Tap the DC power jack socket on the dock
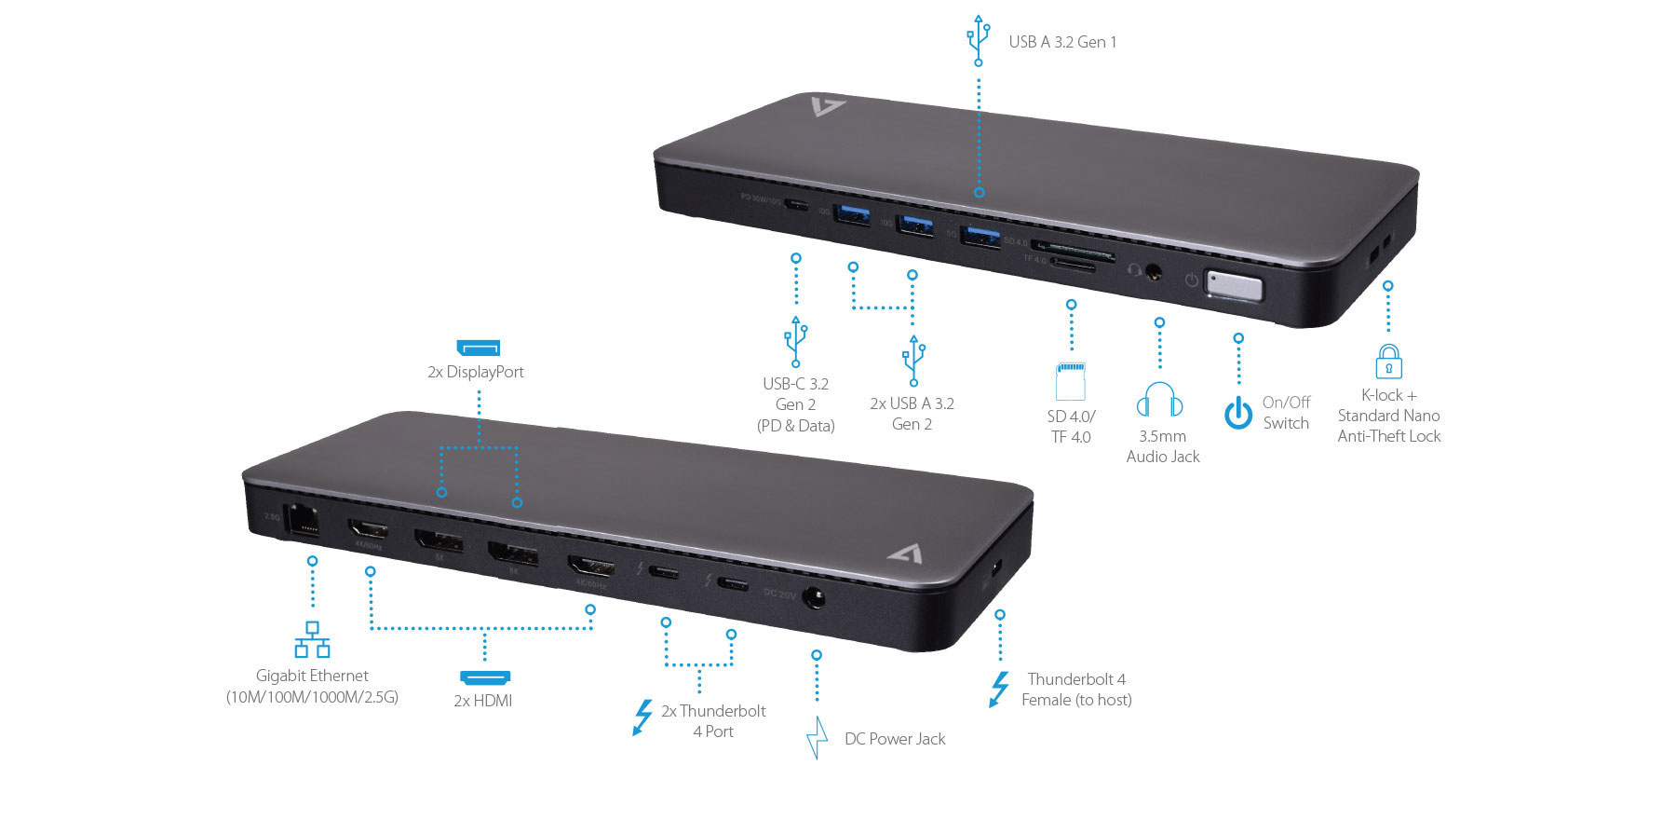[x=814, y=596]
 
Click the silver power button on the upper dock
[x=1234, y=286]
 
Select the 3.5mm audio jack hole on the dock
[x=1154, y=273]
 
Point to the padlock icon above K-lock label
[x=1388, y=362]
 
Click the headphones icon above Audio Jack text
[x=1159, y=401]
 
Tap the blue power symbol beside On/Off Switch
[x=1238, y=413]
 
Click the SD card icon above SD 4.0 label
[x=1071, y=380]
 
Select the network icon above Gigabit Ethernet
[x=312, y=640]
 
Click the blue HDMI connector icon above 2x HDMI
[x=485, y=677]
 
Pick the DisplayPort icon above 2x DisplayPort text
[x=479, y=348]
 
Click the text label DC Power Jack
[x=894, y=739]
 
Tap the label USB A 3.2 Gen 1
[x=1062, y=42]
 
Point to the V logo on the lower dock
[x=905, y=553]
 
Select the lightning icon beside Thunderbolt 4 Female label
[x=999, y=690]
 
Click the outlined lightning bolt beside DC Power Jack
[x=817, y=738]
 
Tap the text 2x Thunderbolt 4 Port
[x=713, y=721]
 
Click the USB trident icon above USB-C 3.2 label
[x=795, y=342]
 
